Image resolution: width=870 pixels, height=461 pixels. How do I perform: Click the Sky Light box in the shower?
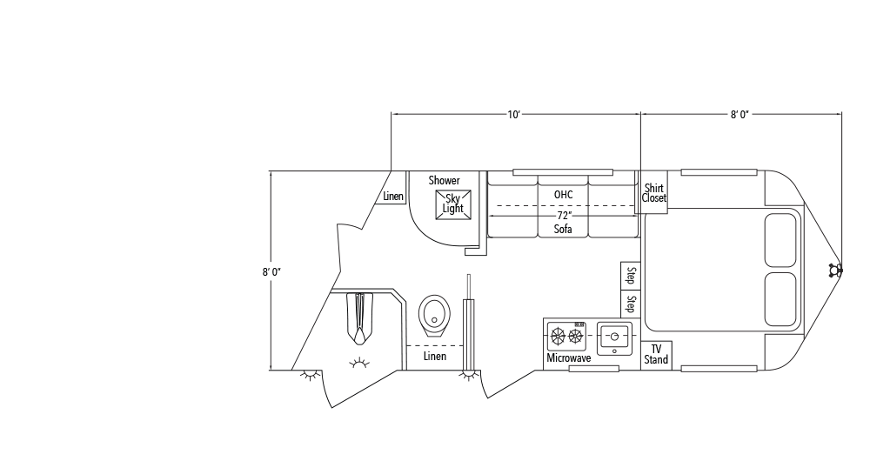(452, 203)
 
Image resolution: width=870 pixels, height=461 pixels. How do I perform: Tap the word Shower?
(444, 180)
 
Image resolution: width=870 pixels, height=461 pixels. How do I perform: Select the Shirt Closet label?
(653, 192)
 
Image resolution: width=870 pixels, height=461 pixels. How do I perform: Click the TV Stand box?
(656, 354)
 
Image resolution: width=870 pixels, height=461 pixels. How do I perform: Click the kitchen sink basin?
(614, 336)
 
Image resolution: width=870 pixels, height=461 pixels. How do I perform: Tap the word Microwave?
(569, 358)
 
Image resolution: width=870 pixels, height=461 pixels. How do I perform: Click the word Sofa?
(564, 230)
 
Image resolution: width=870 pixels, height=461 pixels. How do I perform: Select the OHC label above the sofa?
(563, 193)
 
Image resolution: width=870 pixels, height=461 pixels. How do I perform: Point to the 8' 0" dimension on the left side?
(271, 271)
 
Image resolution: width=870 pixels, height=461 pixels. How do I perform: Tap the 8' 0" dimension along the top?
(740, 114)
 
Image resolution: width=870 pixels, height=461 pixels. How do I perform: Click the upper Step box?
(631, 276)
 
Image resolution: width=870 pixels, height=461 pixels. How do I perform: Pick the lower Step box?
(631, 304)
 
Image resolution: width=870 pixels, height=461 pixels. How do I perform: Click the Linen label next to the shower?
(393, 197)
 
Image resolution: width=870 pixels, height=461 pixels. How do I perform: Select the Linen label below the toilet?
(434, 357)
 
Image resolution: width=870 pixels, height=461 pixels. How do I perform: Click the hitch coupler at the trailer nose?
(836, 270)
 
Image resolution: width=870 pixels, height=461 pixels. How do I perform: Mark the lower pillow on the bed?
(780, 300)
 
